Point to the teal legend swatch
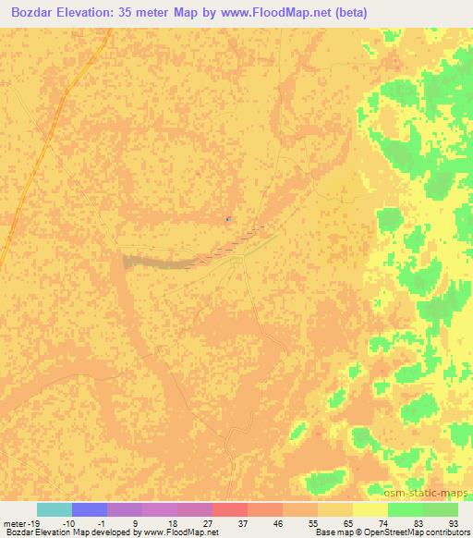pos(55,509)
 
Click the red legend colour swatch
pos(230,509)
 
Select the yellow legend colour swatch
pos(370,509)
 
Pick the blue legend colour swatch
pos(90,509)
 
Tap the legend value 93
pos(452,522)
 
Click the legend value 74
pos(382,522)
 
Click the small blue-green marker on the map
pos(228,219)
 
